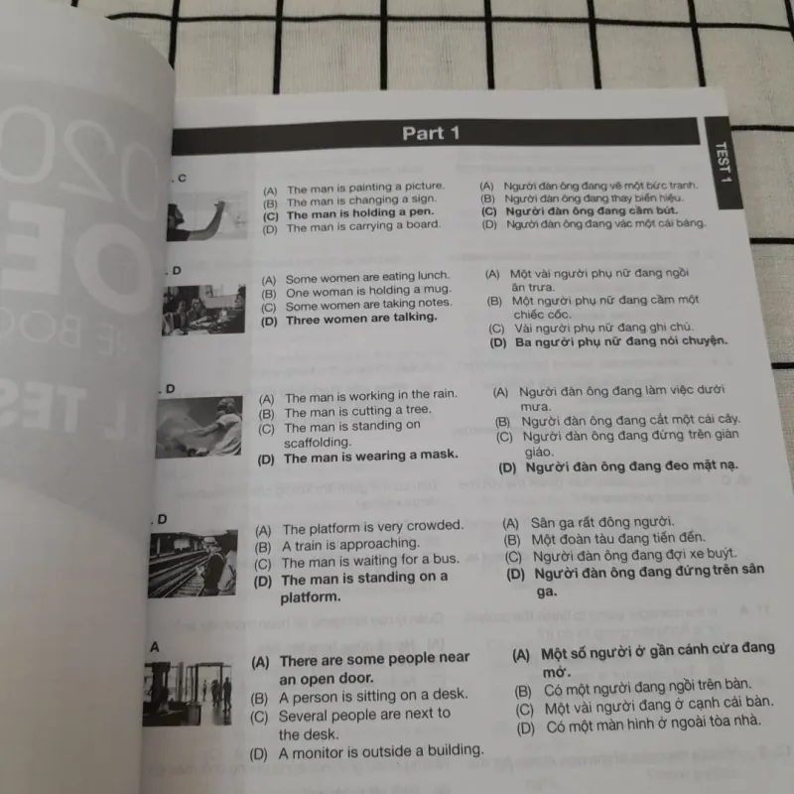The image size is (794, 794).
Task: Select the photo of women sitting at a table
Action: [x=203, y=311]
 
